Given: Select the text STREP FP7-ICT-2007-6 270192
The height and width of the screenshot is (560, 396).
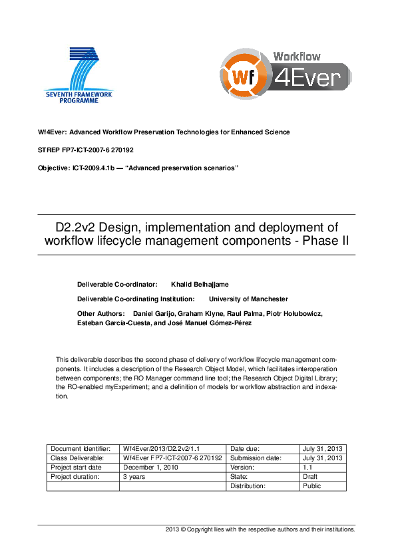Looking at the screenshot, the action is pyautogui.click(x=86, y=150).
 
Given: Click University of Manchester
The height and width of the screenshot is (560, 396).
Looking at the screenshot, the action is pyautogui.click(x=248, y=299).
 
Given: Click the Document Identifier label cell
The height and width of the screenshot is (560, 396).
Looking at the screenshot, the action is pyautogui.click(x=82, y=449).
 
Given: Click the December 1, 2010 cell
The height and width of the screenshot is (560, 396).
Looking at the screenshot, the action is pyautogui.click(x=150, y=468).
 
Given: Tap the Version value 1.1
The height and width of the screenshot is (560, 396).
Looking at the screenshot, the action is pyautogui.click(x=307, y=468).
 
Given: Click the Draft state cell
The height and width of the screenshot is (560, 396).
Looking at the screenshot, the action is pyautogui.click(x=309, y=477).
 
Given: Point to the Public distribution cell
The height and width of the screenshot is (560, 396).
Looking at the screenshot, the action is pyautogui.click(x=311, y=486).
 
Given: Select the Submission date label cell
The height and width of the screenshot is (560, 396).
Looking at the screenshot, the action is pyautogui.click(x=256, y=458).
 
